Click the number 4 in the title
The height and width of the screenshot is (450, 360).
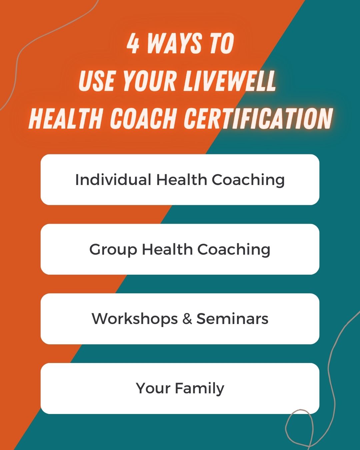point(133,44)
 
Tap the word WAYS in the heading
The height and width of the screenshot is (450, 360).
point(175,44)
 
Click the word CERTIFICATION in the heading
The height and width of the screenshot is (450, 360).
point(259,118)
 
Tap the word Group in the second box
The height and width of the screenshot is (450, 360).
point(113,249)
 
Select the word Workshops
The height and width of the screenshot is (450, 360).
point(135,319)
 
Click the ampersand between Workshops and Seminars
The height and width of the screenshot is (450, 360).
point(187,319)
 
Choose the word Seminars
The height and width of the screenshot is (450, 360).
point(232,319)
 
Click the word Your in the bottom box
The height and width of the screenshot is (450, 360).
point(153,388)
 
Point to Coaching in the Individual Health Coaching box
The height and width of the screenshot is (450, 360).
point(248,180)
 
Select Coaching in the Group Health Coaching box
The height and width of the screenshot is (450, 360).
point(234,249)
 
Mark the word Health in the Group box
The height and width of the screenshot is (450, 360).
point(167,249)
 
